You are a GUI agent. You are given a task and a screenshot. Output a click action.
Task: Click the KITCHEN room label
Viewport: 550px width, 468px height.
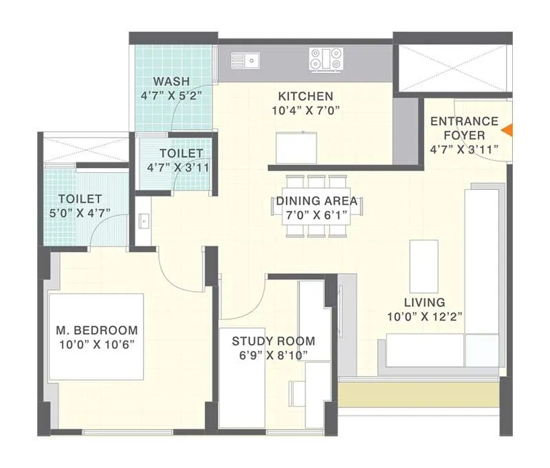(x=305, y=96)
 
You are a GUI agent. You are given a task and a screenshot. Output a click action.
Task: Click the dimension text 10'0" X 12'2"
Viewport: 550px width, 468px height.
(x=424, y=317)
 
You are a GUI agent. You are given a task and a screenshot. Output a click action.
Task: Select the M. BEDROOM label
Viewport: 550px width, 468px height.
(x=96, y=330)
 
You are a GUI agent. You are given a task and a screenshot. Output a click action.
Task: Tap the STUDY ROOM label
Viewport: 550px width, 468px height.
(x=273, y=341)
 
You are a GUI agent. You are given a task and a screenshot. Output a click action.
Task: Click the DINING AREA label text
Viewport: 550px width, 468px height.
(x=317, y=201)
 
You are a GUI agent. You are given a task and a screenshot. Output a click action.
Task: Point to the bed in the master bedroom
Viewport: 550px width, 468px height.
(x=96, y=336)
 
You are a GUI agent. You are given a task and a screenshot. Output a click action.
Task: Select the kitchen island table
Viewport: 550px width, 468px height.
(x=298, y=147)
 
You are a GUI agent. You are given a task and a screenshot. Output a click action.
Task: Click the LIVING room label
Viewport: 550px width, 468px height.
(x=424, y=302)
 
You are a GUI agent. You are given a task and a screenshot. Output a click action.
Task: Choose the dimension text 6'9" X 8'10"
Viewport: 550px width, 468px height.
(x=273, y=355)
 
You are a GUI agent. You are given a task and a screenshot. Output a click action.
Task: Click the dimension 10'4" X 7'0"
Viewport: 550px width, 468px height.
(x=305, y=110)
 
